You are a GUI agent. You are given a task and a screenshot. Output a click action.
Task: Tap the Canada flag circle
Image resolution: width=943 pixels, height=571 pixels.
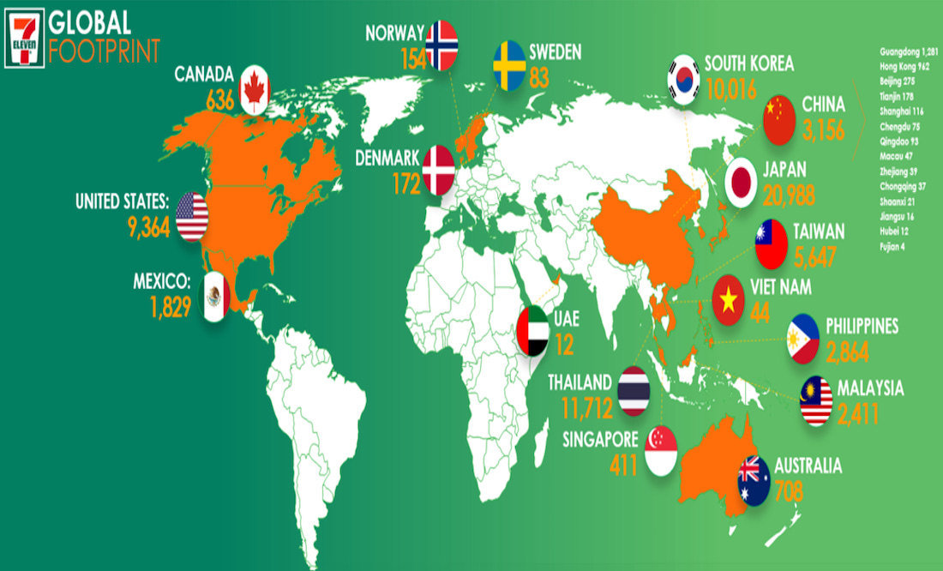[x=255, y=90]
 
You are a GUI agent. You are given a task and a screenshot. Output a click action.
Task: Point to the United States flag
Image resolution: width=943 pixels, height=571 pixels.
[x=192, y=215]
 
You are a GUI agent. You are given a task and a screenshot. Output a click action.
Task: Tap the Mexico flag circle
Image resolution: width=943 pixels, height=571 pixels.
[x=215, y=297]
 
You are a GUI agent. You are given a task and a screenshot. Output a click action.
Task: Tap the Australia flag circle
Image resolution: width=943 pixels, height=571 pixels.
[x=754, y=479]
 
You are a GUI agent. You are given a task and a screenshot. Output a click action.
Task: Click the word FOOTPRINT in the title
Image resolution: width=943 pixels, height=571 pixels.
[x=105, y=51]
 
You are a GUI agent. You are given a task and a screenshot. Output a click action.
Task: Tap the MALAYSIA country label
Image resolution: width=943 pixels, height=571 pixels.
[x=870, y=388]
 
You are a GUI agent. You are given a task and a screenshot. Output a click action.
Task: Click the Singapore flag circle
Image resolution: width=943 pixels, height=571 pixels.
[x=661, y=451]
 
